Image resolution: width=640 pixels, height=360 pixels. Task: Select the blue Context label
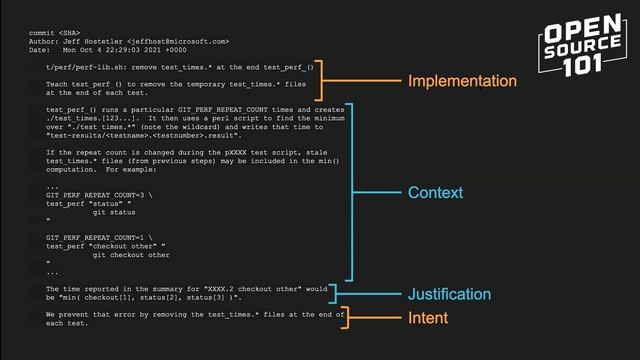(435, 192)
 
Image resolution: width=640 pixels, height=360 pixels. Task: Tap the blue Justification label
(449, 294)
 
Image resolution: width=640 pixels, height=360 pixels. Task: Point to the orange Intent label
(428, 318)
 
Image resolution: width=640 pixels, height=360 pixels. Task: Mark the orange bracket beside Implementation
(322, 81)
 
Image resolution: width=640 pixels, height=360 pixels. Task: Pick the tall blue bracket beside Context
(350, 192)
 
